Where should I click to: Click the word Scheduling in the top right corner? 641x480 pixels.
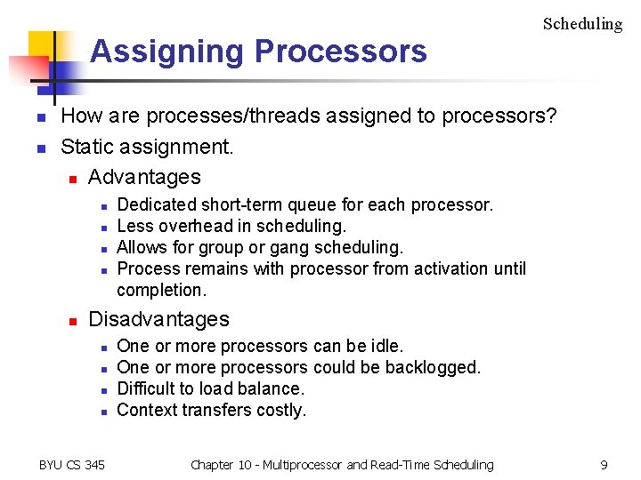[x=582, y=24]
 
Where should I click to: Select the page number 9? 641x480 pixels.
[x=604, y=465]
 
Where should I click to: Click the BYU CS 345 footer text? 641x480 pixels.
[x=72, y=465]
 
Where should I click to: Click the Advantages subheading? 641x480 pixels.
[x=144, y=177]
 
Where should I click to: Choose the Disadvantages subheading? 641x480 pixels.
[x=158, y=319]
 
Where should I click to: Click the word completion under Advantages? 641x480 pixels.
[x=160, y=290]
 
